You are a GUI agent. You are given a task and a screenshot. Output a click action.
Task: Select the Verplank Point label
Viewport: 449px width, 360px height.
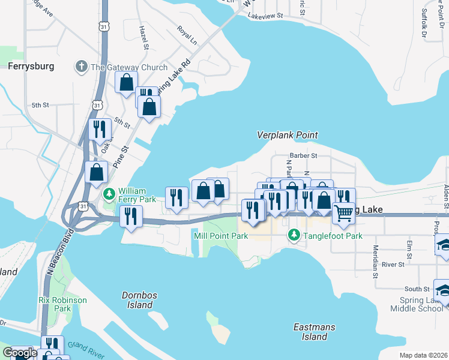tap(287, 136)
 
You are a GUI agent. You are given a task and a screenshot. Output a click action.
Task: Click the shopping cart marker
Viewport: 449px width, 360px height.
tap(343, 212)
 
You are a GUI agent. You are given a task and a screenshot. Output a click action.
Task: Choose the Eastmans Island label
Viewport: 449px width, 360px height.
tap(310, 332)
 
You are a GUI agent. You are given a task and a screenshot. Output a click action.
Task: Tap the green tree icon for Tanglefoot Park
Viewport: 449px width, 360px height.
tap(294, 235)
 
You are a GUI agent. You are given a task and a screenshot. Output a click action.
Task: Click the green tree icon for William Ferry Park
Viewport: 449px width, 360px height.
tap(109, 194)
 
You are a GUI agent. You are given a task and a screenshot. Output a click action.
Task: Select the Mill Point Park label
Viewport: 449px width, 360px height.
tap(221, 236)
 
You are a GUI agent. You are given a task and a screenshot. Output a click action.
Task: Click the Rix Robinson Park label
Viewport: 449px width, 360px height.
tap(62, 304)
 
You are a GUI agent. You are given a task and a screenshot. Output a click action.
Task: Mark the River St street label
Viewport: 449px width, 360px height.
tap(393, 264)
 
